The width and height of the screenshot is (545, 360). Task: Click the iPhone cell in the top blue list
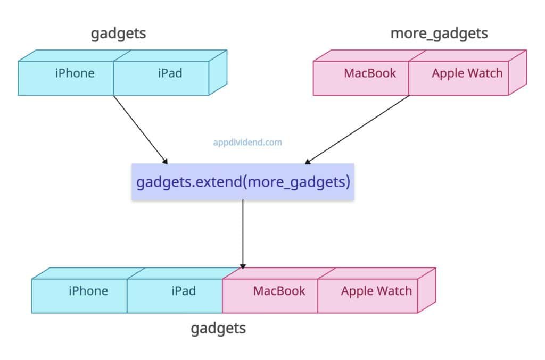click(75, 73)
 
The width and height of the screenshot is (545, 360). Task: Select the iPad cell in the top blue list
click(170, 73)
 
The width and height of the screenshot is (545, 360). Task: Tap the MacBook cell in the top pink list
click(370, 73)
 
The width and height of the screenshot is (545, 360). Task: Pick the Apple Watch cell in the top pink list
click(467, 73)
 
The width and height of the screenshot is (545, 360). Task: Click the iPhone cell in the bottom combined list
click(88, 291)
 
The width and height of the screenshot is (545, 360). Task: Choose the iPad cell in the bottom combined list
click(183, 291)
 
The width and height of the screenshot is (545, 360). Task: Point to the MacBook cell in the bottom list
click(279, 291)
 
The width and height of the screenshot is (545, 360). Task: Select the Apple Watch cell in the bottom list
click(376, 291)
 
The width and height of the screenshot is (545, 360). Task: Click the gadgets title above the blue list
click(118, 34)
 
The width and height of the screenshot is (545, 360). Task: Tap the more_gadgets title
click(439, 34)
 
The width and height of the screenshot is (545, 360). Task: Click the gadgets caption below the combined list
click(218, 328)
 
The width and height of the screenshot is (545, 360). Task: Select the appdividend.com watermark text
click(247, 143)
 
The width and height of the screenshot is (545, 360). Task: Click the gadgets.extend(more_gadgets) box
click(243, 182)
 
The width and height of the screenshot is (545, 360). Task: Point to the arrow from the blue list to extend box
click(141, 129)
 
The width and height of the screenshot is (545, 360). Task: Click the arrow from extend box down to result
click(243, 234)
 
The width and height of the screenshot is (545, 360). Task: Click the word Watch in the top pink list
click(485, 73)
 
